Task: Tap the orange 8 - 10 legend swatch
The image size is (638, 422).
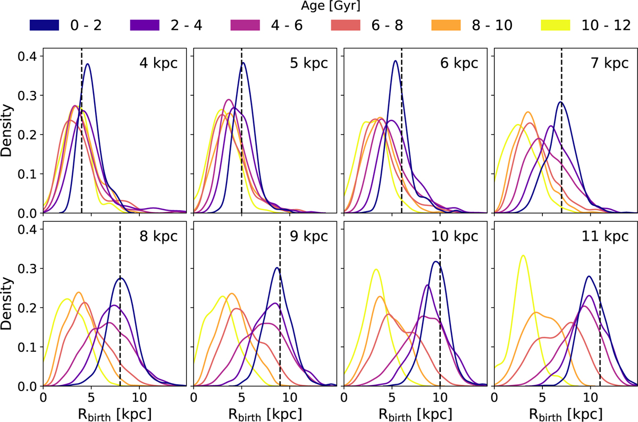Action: [459, 24]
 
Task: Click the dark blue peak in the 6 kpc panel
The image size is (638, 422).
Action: [395, 61]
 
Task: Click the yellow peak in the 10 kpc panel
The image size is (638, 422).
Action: [376, 269]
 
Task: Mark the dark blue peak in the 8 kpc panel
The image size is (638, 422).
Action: [121, 278]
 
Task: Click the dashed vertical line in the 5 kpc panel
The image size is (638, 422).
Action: [242, 133]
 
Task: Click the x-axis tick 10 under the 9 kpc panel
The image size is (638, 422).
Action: [289, 396]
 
